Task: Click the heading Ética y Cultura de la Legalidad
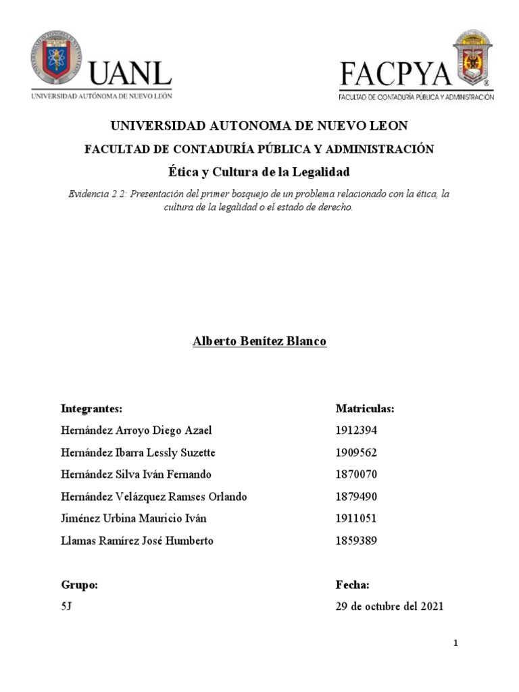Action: [259, 172]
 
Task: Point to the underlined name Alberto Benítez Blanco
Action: [259, 342]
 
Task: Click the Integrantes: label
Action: [91, 409]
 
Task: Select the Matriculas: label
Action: [365, 409]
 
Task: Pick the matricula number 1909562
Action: [356, 453]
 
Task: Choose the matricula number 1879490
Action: [356, 497]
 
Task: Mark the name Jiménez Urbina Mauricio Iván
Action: [133, 519]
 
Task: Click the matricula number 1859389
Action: [356, 541]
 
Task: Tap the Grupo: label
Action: [79, 585]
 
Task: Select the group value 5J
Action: [66, 607]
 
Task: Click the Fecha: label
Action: [352, 585]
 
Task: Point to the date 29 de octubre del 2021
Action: [389, 607]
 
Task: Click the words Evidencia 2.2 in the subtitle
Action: [97, 195]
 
